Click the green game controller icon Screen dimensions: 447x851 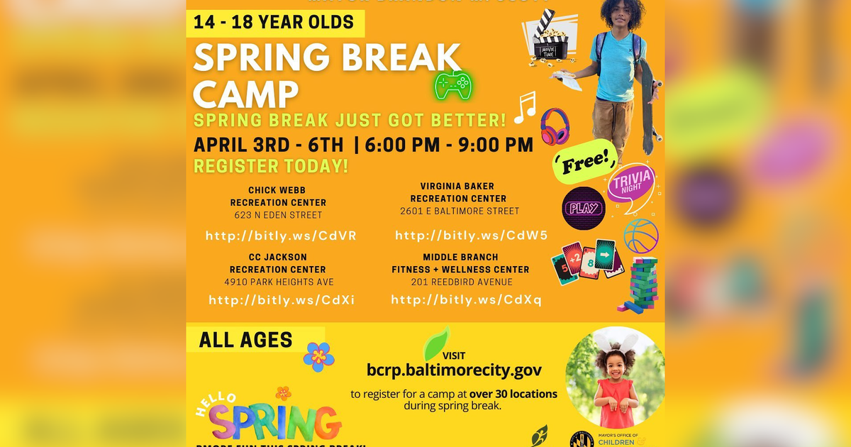click(453, 86)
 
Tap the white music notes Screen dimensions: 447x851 click(525, 107)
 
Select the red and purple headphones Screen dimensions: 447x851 click(555, 127)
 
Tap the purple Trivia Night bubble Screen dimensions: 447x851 click(631, 183)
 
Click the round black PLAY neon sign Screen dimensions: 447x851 click(584, 208)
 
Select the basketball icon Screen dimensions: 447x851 click(641, 235)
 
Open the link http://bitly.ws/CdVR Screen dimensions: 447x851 click(281, 236)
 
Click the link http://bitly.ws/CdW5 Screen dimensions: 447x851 click(471, 236)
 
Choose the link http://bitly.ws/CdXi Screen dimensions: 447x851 click(281, 300)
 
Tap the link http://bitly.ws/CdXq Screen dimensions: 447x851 click(466, 300)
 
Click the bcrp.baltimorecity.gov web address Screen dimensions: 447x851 click(454, 370)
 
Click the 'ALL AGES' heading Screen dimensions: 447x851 click(245, 340)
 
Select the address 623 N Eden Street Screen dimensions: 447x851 click(278, 215)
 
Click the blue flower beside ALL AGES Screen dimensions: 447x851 click(318, 356)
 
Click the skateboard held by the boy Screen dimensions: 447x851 click(647, 106)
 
